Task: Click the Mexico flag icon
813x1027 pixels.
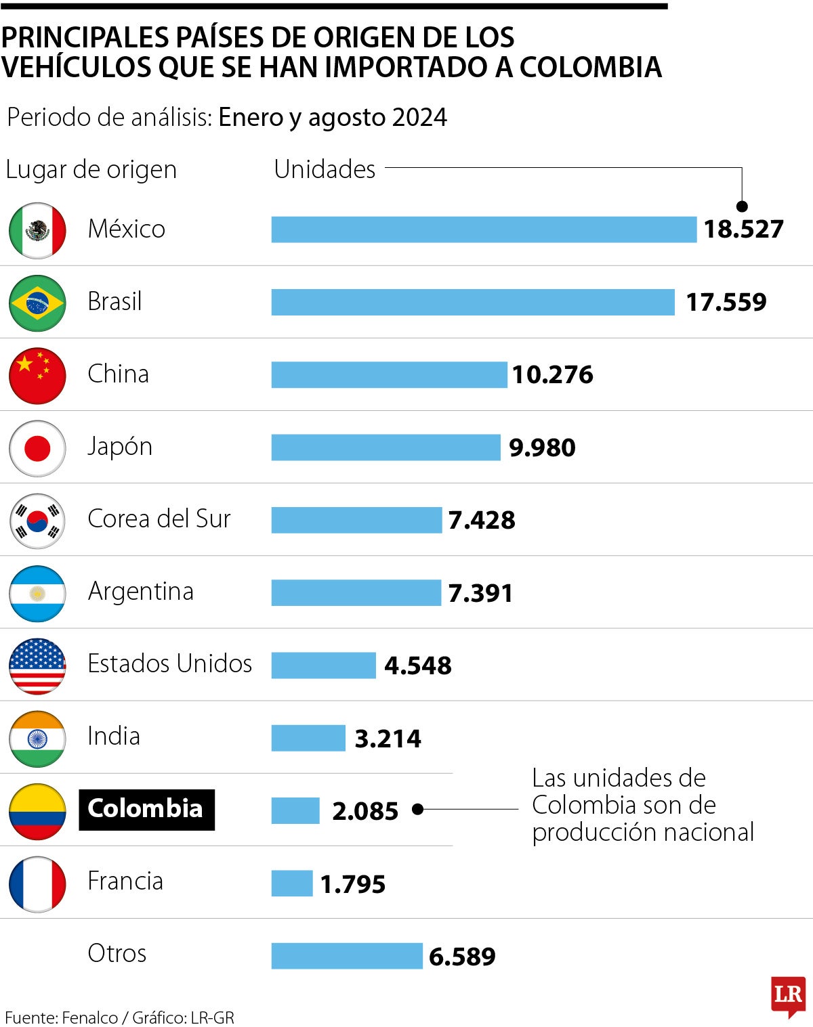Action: pos(37,230)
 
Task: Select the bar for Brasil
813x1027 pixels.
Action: pos(473,302)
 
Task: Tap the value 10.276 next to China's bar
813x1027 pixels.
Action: pos(552,374)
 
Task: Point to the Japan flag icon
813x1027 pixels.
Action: pos(37,448)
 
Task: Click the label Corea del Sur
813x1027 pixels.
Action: pos(159,519)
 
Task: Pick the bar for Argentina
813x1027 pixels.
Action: pos(356,592)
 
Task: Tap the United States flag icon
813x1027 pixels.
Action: pos(37,665)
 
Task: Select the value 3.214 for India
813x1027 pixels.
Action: pos(388,738)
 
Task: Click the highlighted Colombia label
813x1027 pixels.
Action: pos(146,809)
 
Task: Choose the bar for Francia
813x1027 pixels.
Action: pos(292,883)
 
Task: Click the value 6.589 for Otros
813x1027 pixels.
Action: pos(462,956)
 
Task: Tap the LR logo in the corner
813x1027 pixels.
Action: pos(788,995)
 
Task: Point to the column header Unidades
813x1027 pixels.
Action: pos(325,169)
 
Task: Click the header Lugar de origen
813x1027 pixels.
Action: pos(91,169)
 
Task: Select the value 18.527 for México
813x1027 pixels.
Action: pos(743,229)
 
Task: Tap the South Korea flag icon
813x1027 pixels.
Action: pos(37,521)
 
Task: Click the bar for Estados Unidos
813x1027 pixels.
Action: pos(323,665)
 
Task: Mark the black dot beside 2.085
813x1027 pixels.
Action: pos(417,809)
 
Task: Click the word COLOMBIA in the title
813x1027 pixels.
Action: pos(590,67)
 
